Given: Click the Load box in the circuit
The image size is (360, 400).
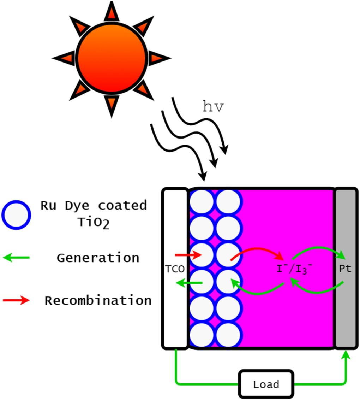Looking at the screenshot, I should click(x=266, y=383).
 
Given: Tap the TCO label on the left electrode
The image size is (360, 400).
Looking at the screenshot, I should click(x=175, y=269).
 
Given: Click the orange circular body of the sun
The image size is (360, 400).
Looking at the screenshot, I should click(x=111, y=59).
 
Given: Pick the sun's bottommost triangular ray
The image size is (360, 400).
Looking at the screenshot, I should click(x=112, y=105).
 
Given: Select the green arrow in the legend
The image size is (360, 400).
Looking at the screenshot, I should click(x=16, y=258).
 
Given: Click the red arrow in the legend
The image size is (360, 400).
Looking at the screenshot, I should click(x=16, y=301).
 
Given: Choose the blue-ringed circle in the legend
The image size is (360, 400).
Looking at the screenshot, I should click(x=16, y=215).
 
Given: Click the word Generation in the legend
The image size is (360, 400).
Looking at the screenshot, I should click(x=98, y=258).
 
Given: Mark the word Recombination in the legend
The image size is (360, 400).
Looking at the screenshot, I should click(x=98, y=301).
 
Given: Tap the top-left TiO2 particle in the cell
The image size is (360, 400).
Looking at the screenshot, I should click(x=202, y=202).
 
